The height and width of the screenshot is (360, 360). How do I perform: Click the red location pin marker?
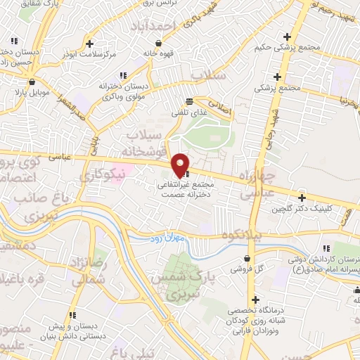tap(180, 164)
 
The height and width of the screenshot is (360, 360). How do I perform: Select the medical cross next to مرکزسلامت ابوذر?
tap(89, 43)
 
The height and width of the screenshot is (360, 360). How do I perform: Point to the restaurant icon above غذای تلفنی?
tap(188, 101)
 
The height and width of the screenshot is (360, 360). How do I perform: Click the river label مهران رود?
tap(167, 239)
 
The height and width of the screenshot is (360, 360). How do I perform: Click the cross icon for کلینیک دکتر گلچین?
tap(302, 198)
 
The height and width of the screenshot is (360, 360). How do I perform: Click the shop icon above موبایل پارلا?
tap(21, 91)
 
